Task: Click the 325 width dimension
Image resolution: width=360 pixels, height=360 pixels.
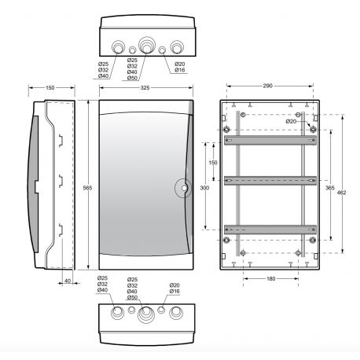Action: (x=145, y=88)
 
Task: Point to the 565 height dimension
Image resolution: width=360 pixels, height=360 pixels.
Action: (x=88, y=187)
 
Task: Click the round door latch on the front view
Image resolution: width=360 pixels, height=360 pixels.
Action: (x=182, y=188)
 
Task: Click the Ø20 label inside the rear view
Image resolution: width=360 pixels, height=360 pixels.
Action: (x=292, y=121)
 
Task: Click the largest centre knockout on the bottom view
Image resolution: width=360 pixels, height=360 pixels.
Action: (x=145, y=316)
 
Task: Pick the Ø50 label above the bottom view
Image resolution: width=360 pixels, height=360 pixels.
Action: (x=132, y=298)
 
